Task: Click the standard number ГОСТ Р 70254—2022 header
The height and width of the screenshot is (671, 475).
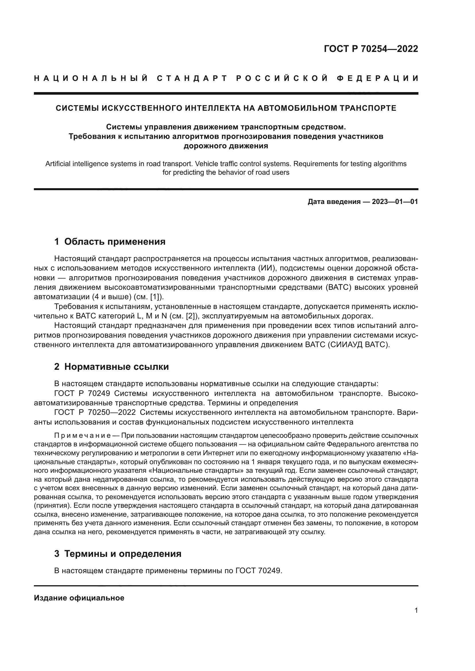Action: tap(371, 49)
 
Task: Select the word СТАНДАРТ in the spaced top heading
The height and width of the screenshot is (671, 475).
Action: tap(192, 78)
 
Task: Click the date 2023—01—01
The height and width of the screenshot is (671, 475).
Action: tap(395, 202)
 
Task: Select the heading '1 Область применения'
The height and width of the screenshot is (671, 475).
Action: tap(110, 242)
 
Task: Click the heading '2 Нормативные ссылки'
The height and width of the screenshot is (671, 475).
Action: tap(111, 367)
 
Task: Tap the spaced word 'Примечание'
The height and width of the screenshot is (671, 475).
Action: tap(82, 436)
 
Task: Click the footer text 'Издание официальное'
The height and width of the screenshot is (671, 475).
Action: tap(79, 598)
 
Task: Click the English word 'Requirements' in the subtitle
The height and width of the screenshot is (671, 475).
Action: tap(314, 164)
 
